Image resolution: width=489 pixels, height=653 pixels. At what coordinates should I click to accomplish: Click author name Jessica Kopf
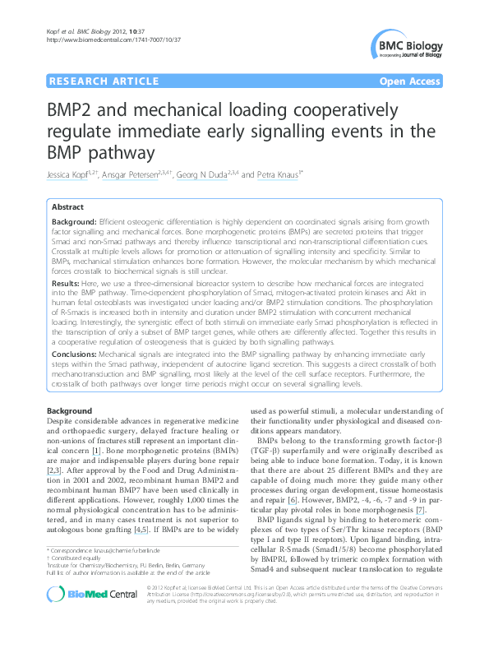[x=71, y=174]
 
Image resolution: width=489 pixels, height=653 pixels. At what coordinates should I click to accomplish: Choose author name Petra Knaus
[x=275, y=174]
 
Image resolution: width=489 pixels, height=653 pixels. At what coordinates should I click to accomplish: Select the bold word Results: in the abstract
[x=66, y=280]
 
